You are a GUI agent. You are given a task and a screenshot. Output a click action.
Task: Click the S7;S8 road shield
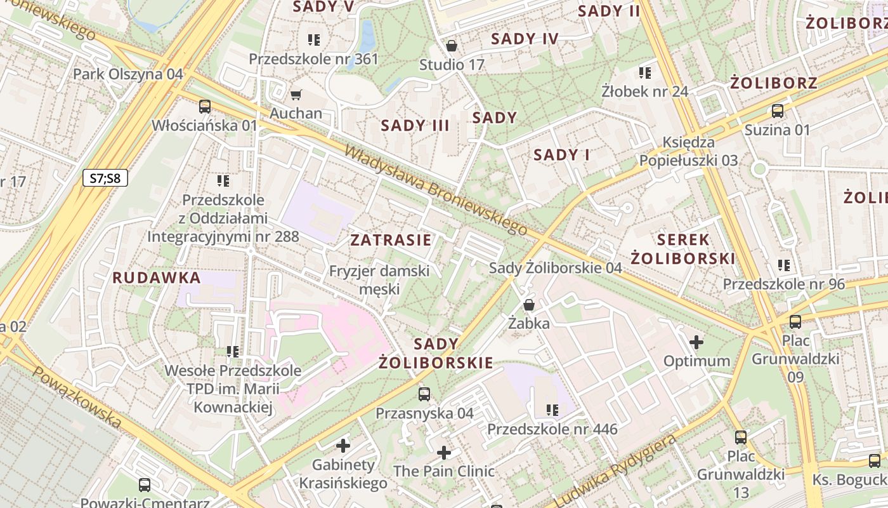pyautogui.click(x=105, y=178)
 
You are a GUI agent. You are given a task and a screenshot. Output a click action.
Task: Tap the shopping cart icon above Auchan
pyautogui.click(x=296, y=95)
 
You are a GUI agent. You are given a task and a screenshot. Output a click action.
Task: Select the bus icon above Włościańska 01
pyautogui.click(x=204, y=107)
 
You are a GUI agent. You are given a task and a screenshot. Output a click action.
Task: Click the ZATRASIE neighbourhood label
pyautogui.click(x=391, y=240)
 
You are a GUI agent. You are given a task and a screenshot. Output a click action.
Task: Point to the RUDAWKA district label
pyautogui.click(x=157, y=277)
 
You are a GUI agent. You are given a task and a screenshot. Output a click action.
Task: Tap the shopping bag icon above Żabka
pyautogui.click(x=529, y=305)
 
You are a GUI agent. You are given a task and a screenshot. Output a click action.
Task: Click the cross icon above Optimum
pyautogui.click(x=696, y=342)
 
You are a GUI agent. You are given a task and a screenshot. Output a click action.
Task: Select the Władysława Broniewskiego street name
pyautogui.click(x=436, y=190)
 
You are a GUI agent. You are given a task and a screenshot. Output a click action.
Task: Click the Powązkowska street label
pyautogui.click(x=75, y=398)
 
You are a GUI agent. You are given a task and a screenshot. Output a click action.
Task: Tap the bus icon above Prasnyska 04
pyautogui.click(x=424, y=394)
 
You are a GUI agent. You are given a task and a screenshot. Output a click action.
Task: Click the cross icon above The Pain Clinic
pyautogui.click(x=444, y=453)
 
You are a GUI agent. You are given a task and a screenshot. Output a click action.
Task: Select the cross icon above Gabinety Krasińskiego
pyautogui.click(x=343, y=446)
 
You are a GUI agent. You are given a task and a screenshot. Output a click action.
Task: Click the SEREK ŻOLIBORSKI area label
pyautogui.click(x=683, y=249)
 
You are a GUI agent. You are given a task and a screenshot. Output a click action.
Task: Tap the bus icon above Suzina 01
pyautogui.click(x=777, y=111)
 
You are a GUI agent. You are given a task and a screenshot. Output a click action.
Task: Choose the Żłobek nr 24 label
pyautogui.click(x=644, y=91)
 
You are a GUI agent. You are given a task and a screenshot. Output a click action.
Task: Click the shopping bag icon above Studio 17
pyautogui.click(x=452, y=46)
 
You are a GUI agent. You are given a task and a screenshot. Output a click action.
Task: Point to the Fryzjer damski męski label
pyautogui.click(x=379, y=279)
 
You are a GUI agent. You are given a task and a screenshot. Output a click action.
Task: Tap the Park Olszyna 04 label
pyautogui.click(x=128, y=74)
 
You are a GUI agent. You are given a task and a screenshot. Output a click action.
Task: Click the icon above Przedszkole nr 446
pyautogui.click(x=552, y=410)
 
